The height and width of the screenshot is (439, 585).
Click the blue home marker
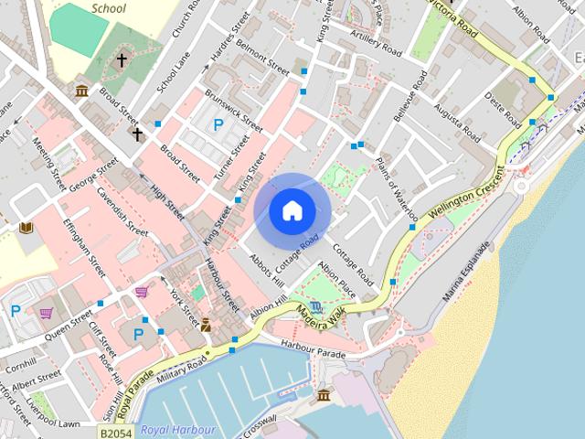click(292, 210)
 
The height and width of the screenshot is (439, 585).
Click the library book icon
click(26, 227)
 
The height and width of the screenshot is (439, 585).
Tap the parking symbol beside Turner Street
click(218, 124)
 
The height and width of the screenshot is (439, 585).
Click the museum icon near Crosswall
click(324, 395)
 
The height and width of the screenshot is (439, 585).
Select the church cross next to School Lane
click(122, 60)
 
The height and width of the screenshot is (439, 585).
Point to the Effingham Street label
click(84, 247)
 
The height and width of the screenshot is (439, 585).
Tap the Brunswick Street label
click(232, 110)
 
